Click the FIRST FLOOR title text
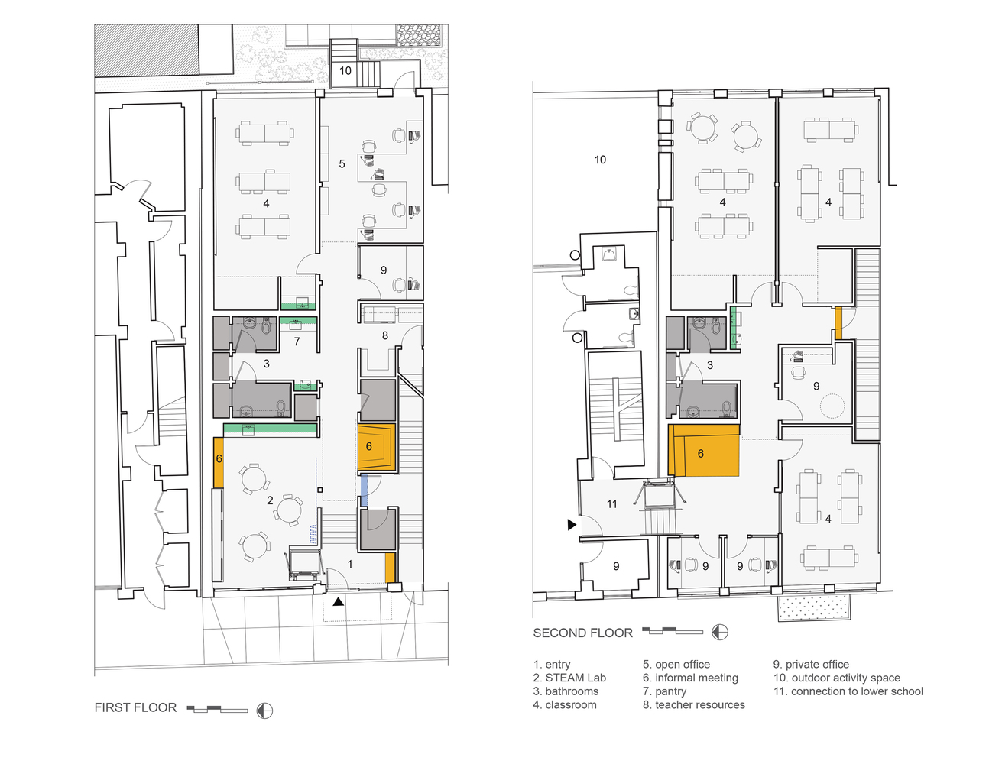click(135, 707)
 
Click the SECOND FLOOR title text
click(582, 633)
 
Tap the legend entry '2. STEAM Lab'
click(569, 678)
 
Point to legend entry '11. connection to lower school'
click(848, 691)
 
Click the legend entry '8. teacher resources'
click(694, 705)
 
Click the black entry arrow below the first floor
click(338, 602)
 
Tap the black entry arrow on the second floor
click(572, 525)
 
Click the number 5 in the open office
click(342, 163)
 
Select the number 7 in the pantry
click(297, 341)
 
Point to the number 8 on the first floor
click(385, 335)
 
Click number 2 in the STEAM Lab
click(270, 500)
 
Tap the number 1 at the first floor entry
click(350, 564)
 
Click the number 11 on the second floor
click(611, 504)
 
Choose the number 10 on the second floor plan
click(600, 160)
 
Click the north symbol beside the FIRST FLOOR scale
click(264, 711)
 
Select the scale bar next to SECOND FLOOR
click(673, 631)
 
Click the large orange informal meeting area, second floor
click(703, 450)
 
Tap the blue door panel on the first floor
click(364, 490)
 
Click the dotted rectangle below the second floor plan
click(814, 607)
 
